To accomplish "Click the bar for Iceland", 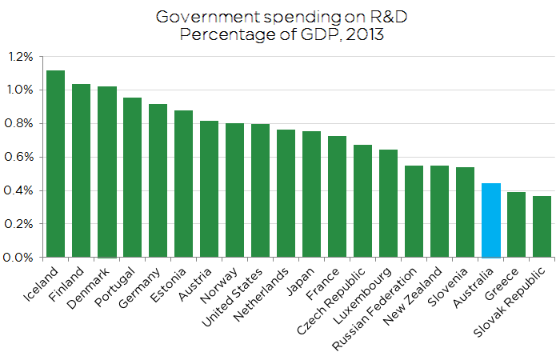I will (x=55, y=164).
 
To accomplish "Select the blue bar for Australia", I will (x=490, y=221).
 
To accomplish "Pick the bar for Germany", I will (x=158, y=181).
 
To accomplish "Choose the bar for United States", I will (x=260, y=191).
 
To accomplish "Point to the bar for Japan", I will (x=311, y=194).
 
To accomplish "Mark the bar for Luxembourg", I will (x=388, y=204).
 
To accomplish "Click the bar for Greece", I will (x=516, y=225).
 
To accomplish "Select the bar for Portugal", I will (x=132, y=178).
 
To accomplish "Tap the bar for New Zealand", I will (x=439, y=212).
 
